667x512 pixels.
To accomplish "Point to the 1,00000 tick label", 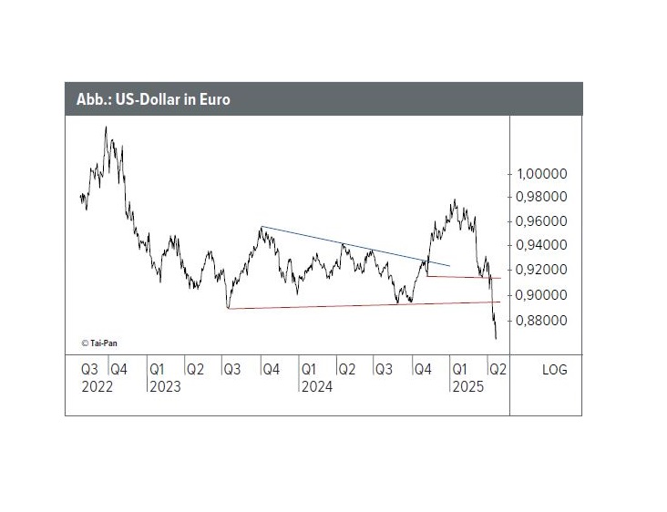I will (x=542, y=174).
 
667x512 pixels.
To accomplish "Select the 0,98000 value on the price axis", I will (x=542, y=197).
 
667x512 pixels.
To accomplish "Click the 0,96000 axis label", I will (x=542, y=221).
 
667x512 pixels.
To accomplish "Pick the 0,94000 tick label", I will (x=542, y=245).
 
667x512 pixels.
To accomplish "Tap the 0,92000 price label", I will (x=542, y=270).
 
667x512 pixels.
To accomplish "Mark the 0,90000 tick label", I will (x=542, y=295).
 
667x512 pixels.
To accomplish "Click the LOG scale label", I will (x=554, y=370).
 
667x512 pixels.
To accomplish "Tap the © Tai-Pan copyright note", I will (x=99, y=343).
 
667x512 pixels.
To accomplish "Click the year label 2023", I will (x=164, y=386).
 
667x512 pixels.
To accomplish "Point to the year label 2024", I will (x=316, y=386).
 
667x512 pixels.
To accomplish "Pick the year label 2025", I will (x=468, y=386).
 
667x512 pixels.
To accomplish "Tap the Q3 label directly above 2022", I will (x=89, y=370).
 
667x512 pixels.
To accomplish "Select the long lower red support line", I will (x=364, y=305).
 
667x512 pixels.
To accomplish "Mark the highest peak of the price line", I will (x=106, y=128).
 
